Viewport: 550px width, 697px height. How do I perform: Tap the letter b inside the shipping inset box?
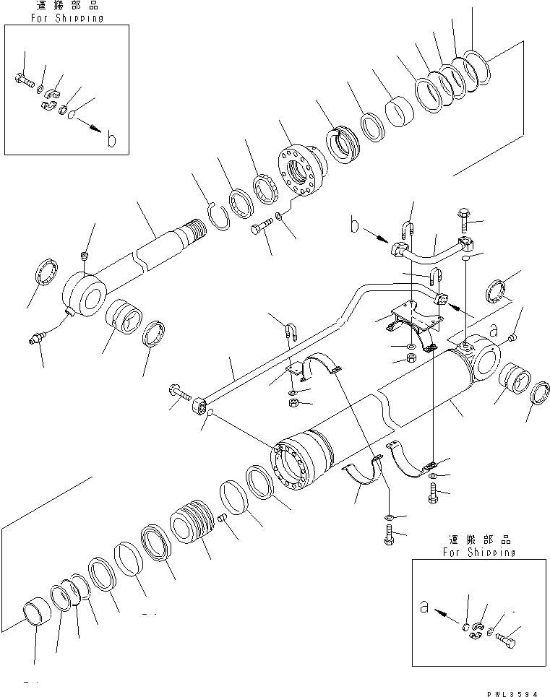pos(111,138)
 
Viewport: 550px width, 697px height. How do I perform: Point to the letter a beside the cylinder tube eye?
pos(494,329)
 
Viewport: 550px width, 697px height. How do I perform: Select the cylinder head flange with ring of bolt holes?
pos(298,170)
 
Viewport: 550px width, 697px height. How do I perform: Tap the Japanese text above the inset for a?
pos(480,539)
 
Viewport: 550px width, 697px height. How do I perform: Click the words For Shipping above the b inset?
pos(66,18)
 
